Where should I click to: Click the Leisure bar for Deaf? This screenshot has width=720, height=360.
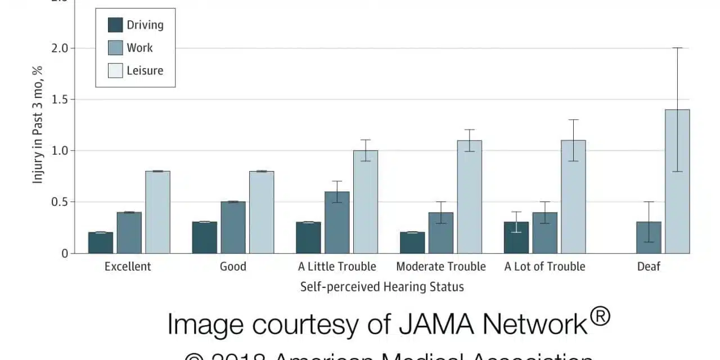(x=677, y=181)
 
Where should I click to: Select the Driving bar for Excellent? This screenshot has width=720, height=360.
(x=101, y=242)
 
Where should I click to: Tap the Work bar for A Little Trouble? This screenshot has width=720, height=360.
(x=337, y=222)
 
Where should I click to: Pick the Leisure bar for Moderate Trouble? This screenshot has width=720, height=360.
(x=469, y=196)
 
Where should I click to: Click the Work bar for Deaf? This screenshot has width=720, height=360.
(x=649, y=237)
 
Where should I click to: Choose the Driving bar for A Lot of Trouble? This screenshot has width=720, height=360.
(x=516, y=237)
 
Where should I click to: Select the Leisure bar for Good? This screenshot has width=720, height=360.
(x=262, y=212)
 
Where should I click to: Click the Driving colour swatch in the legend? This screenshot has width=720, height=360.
(x=115, y=25)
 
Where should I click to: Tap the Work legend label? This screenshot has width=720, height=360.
(x=139, y=48)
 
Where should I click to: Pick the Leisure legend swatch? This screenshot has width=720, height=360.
(x=115, y=71)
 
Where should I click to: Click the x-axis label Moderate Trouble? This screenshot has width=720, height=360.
(x=441, y=267)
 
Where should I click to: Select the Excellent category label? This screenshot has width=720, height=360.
(x=128, y=267)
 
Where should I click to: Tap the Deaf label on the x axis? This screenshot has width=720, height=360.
(x=649, y=267)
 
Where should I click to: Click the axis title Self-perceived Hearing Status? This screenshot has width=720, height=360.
(x=382, y=287)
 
